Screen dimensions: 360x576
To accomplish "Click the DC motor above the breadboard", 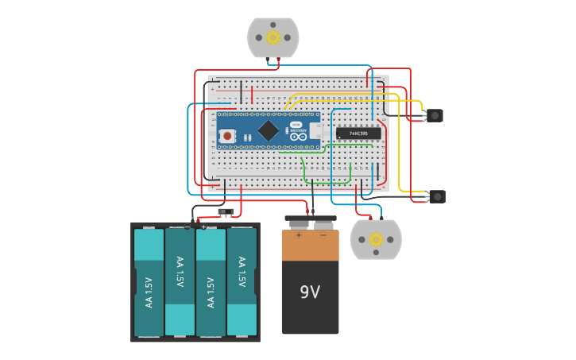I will tap(273, 37).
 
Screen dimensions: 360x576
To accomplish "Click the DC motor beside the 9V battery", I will tap(376, 239).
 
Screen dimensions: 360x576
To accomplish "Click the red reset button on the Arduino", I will tap(228, 136).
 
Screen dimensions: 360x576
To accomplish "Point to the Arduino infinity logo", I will tap(299, 136).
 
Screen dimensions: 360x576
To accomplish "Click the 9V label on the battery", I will tap(310, 292).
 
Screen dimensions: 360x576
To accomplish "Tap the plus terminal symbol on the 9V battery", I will tap(299, 235).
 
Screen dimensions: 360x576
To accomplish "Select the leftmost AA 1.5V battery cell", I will tap(149, 282).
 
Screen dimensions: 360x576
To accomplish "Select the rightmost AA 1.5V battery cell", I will tap(242, 282).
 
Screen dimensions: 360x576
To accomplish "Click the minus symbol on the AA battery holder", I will tap(187, 227).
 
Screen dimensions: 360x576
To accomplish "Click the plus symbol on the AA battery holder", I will tap(203, 227).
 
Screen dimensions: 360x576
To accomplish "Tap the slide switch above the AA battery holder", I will tap(226, 212).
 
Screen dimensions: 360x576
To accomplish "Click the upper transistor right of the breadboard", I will tap(434, 115).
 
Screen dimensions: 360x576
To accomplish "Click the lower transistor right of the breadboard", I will tap(437, 196).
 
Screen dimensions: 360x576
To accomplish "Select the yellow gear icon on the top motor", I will tap(273, 37).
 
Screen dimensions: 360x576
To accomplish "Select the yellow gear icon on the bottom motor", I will tap(376, 239).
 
